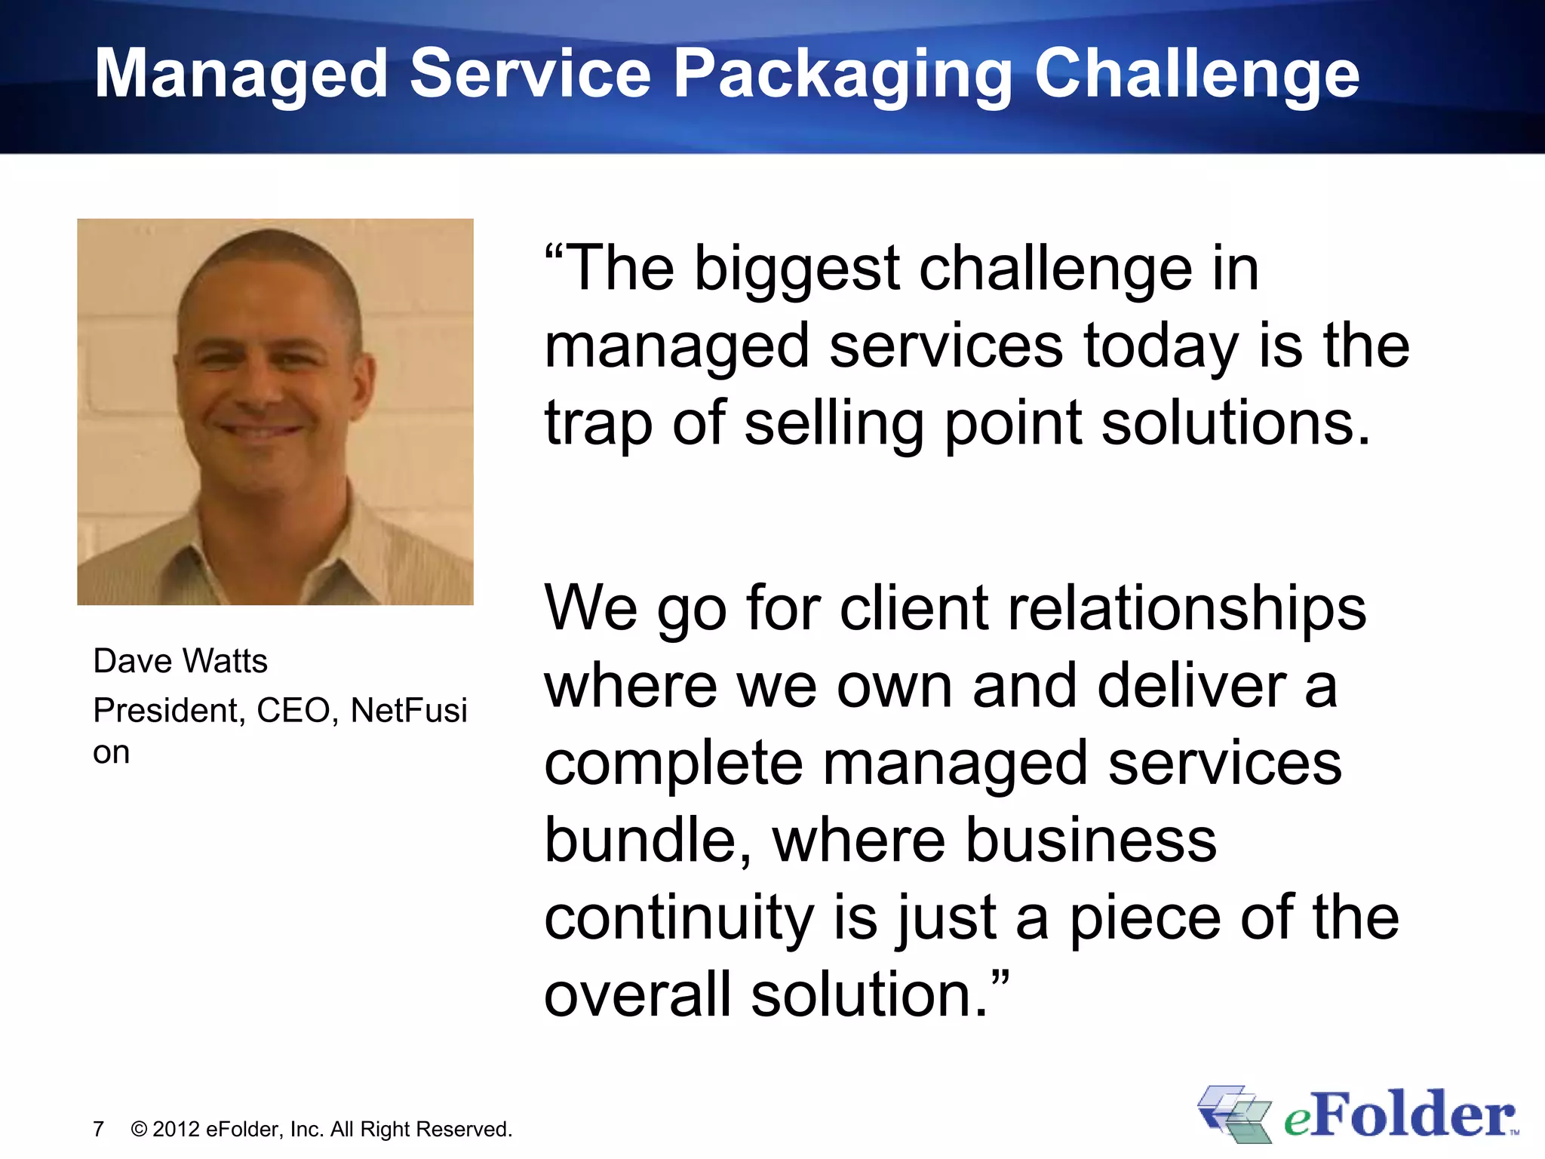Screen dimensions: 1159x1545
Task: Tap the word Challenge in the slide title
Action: point(1196,75)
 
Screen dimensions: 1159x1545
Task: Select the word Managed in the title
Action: point(241,75)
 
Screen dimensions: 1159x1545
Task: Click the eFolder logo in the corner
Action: point(1358,1115)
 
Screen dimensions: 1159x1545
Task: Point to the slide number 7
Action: point(98,1130)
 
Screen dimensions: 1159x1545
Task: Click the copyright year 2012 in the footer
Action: point(177,1130)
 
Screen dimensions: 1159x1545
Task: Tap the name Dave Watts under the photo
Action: point(180,661)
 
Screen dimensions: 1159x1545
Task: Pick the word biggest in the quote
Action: point(797,270)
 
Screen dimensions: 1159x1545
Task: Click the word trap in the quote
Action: point(598,424)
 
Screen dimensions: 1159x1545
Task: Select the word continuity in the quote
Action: point(679,918)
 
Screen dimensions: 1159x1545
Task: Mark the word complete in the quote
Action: point(674,764)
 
